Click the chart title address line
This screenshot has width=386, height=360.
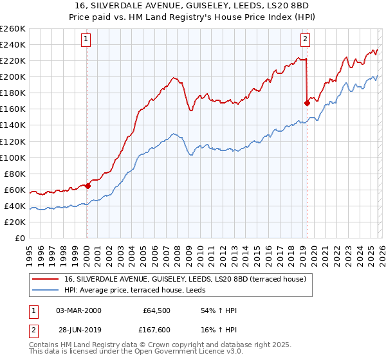pyautogui.click(x=193, y=5)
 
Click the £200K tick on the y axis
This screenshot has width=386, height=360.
pyautogui.click(x=13, y=76)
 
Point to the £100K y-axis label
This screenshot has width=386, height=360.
pyautogui.click(x=13, y=157)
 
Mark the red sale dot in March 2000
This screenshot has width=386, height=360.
pyautogui.click(x=87, y=186)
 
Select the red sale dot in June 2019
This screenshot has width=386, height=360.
pyautogui.click(x=307, y=103)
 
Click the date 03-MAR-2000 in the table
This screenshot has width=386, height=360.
pyautogui.click(x=78, y=310)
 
